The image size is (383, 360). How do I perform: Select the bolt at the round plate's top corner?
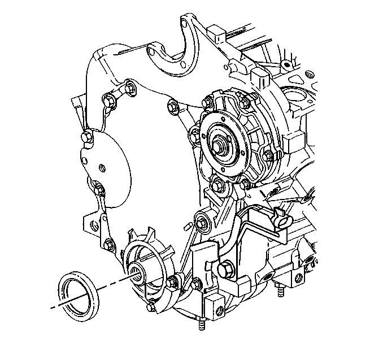[x=85, y=136]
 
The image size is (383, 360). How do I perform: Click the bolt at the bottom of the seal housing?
[x=151, y=308]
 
